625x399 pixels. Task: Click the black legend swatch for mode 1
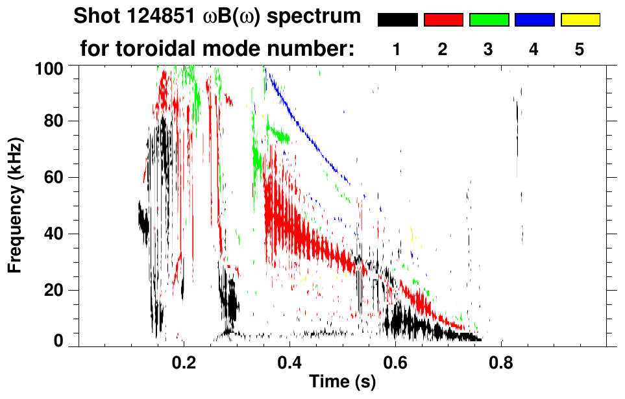(398, 20)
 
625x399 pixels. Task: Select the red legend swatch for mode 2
(443, 20)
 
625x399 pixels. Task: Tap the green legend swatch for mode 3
(489, 20)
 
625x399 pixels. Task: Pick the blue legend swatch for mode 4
(534, 20)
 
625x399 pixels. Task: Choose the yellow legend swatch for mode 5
(580, 20)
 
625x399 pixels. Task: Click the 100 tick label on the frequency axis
(49, 67)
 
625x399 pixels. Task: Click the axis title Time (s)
(341, 382)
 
